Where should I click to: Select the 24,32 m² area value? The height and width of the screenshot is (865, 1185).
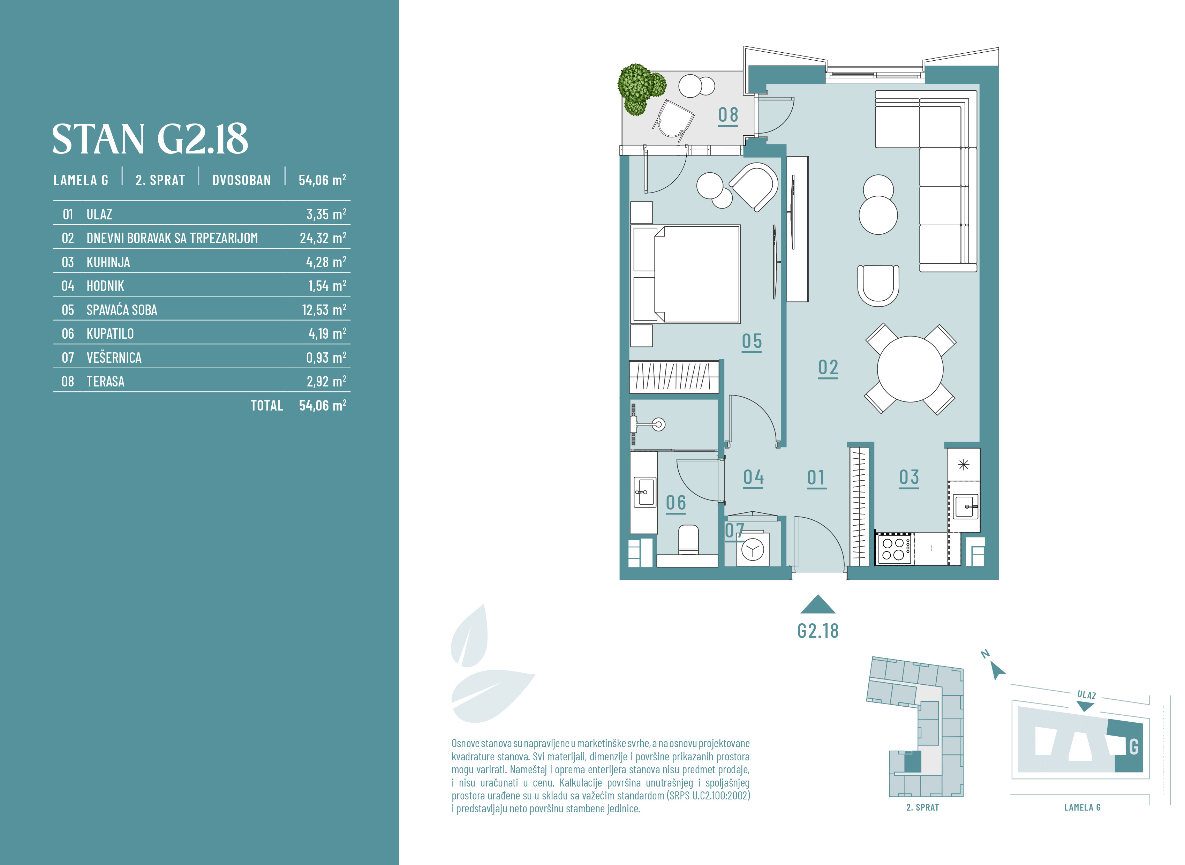323,238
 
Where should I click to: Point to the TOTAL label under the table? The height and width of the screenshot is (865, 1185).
266,405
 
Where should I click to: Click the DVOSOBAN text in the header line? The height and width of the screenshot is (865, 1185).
242,180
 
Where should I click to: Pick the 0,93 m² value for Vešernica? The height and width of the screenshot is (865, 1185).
326,358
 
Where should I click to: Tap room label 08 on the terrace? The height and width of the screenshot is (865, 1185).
728,115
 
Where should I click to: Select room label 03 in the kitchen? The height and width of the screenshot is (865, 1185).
909,477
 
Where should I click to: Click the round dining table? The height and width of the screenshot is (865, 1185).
910,369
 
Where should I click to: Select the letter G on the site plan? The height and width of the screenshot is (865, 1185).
1134,747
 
